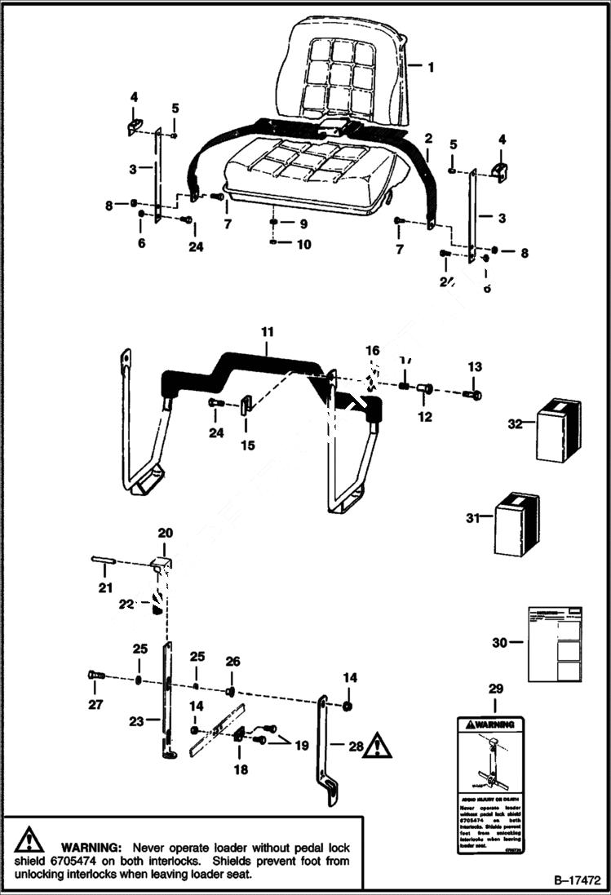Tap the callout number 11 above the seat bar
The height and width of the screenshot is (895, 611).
pos(268,332)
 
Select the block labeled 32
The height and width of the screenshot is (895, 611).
pos(558,428)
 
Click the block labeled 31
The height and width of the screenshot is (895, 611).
pos(517,524)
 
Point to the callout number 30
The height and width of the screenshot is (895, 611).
pos(498,643)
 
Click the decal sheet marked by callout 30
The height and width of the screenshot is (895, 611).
pos(555,644)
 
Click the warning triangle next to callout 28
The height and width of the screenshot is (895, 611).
pos(378,745)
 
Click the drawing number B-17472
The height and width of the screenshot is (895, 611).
pos(576,882)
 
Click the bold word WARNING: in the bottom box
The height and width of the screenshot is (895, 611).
pos(91,847)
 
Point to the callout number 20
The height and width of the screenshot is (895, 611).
pos(166,533)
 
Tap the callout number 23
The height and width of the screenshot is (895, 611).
pos(136,720)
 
